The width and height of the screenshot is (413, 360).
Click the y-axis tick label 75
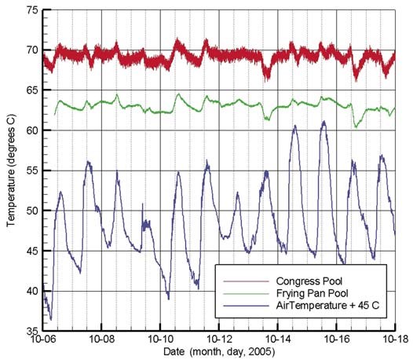click(x=33, y=10)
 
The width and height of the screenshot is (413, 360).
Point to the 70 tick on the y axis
click(x=33, y=50)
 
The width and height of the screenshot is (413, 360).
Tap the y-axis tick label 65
click(x=33, y=90)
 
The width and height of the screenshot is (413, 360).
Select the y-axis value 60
click(x=33, y=130)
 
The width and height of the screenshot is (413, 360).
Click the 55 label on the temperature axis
click(x=33, y=171)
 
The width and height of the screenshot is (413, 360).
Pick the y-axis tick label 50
click(x=33, y=211)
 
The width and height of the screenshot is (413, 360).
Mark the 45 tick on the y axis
click(x=33, y=251)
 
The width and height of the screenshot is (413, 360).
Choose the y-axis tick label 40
click(x=33, y=291)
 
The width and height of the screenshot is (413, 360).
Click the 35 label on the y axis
click(x=33, y=331)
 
